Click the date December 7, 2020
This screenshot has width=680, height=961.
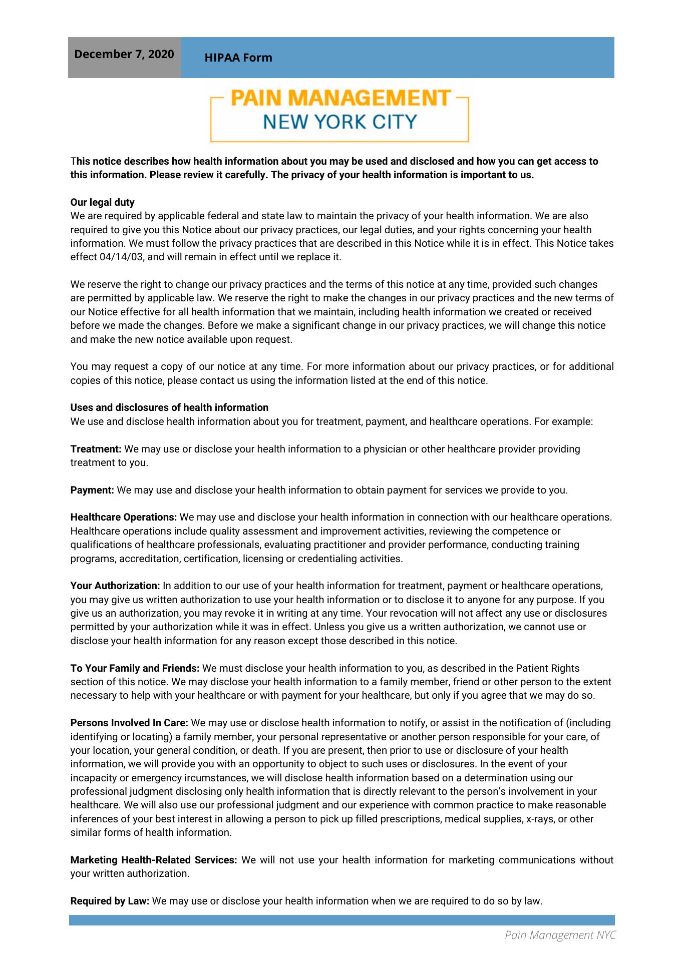tap(124, 54)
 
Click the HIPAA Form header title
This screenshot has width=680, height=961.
tap(238, 58)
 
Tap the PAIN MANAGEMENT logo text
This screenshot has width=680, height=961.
tap(341, 98)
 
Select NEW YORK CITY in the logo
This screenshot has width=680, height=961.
tap(340, 122)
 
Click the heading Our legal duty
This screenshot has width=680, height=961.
tap(102, 202)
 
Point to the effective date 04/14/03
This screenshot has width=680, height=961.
tap(119, 257)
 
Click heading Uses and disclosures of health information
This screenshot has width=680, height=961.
tap(169, 407)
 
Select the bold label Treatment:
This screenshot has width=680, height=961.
tap(96, 449)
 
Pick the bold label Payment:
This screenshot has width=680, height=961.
tap(92, 490)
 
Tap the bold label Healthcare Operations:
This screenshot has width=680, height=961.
tap(124, 517)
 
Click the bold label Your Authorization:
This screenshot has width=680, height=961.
tap(115, 586)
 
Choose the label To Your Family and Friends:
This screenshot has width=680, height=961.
tap(135, 668)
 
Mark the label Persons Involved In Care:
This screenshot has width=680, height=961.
tap(129, 723)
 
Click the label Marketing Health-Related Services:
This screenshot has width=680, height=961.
tap(153, 860)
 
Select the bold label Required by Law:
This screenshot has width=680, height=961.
tap(110, 901)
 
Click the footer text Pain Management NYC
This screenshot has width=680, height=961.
tap(560, 934)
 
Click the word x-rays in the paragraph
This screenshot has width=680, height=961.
tap(539, 819)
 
